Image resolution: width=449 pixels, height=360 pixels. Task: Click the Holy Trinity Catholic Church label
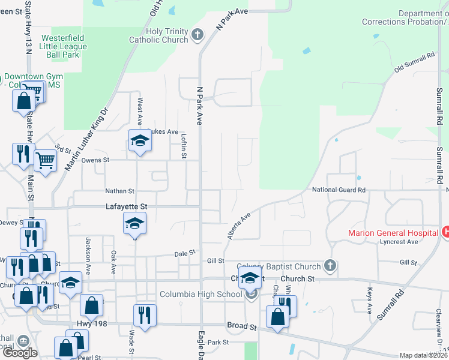click(x=158, y=36)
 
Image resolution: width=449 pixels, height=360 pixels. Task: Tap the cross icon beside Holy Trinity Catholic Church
click(x=197, y=36)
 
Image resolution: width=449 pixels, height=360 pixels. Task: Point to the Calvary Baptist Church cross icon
click(x=329, y=266)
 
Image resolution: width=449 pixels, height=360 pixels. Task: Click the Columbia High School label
click(x=200, y=294)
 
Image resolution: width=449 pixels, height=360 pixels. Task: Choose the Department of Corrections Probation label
click(x=404, y=18)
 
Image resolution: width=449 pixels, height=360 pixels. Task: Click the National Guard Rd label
click(x=339, y=190)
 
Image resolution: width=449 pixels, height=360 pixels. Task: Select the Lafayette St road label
click(x=127, y=206)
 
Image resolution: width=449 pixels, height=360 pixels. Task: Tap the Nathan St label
click(x=119, y=191)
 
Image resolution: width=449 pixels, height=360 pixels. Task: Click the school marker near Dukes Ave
click(x=140, y=141)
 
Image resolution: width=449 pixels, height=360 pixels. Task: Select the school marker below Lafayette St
click(x=135, y=224)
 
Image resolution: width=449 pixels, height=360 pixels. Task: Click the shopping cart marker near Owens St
click(x=46, y=160)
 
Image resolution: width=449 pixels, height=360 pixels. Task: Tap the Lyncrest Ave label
click(x=399, y=242)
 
